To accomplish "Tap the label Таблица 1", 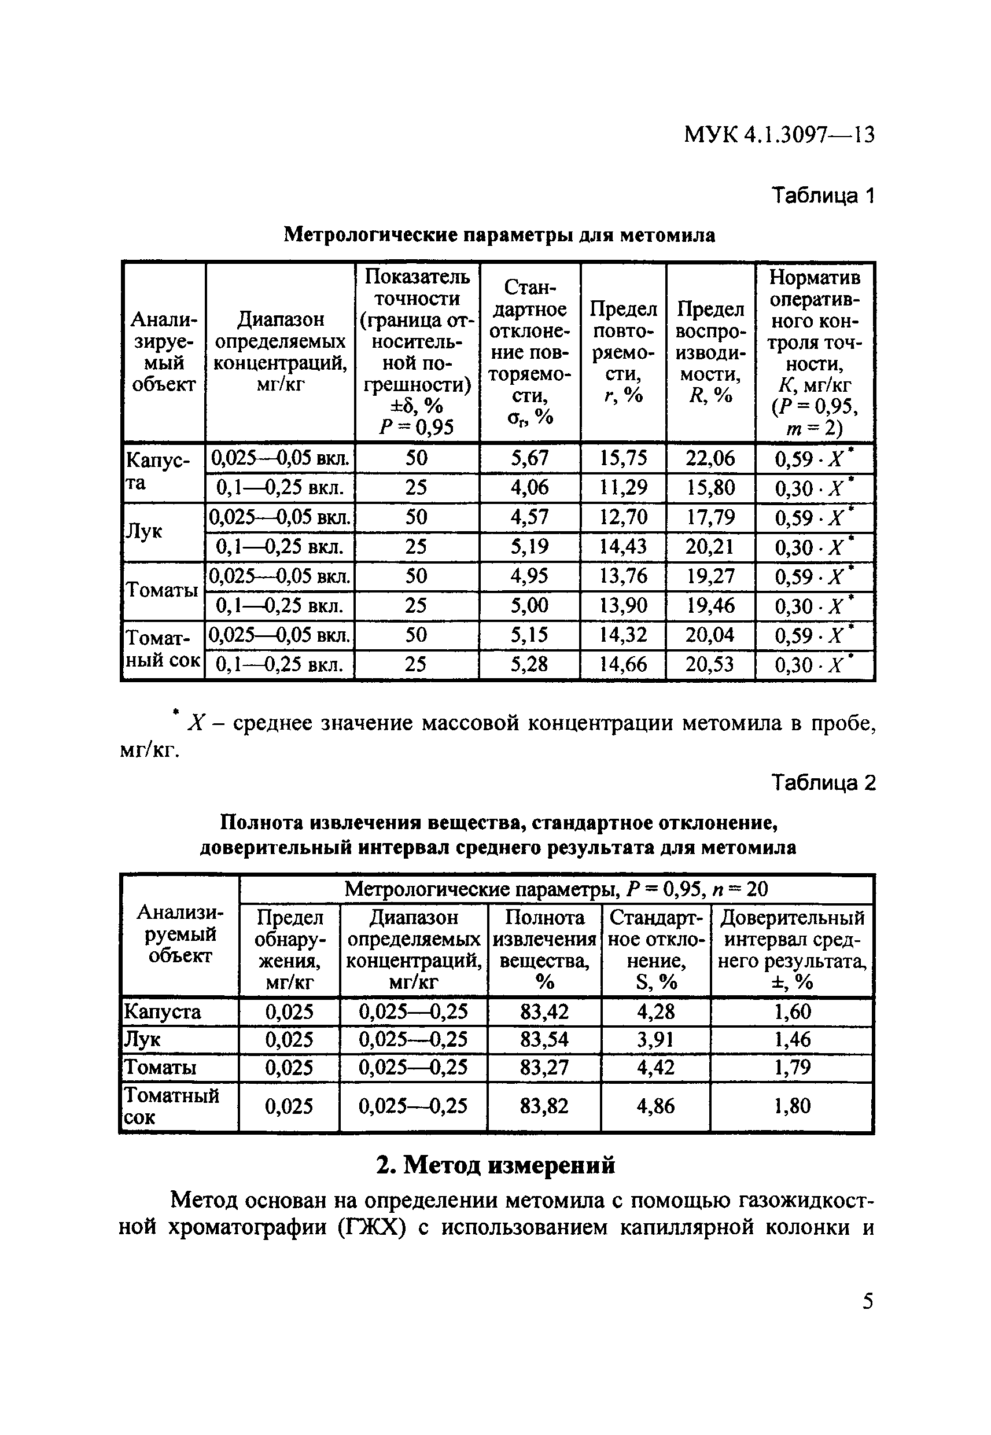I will tap(823, 196).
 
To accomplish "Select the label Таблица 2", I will tap(823, 783).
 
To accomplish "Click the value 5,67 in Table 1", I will tap(530, 458).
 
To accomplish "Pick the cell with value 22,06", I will tap(710, 458).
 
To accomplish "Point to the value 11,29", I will tap(623, 487).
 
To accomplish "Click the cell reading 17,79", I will tap(710, 517).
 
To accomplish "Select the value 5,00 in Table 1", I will tap(530, 605).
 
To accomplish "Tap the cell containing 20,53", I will tap(710, 664).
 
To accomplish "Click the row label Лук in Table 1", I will tap(144, 532).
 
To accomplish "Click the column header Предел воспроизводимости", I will tap(710, 351).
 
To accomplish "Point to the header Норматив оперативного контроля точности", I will tap(814, 351).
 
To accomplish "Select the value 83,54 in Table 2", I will tap(544, 1039).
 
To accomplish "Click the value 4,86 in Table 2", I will tap(655, 1106).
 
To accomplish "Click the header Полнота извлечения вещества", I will tap(544, 950).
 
